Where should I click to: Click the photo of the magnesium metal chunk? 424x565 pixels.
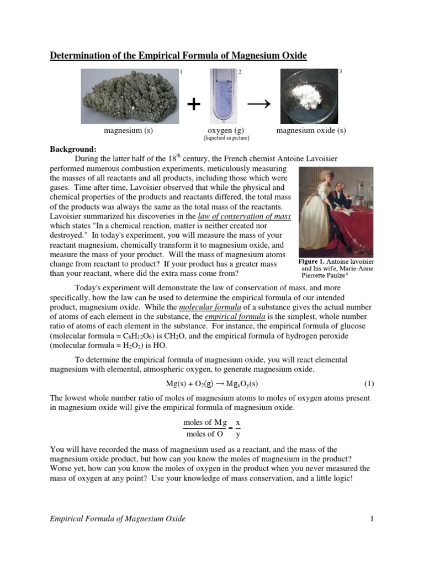pos(129,96)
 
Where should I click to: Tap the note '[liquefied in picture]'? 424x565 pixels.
pos(226,138)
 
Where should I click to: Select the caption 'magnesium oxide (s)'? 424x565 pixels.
pos(311,131)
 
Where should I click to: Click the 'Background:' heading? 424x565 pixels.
pos(73,149)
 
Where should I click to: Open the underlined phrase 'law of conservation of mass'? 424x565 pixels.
pos(244,217)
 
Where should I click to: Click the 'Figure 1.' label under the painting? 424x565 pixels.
pos(310,261)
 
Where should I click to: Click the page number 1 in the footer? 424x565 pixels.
pos(372,519)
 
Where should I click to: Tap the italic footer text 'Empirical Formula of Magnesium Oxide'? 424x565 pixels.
pos(118,519)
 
